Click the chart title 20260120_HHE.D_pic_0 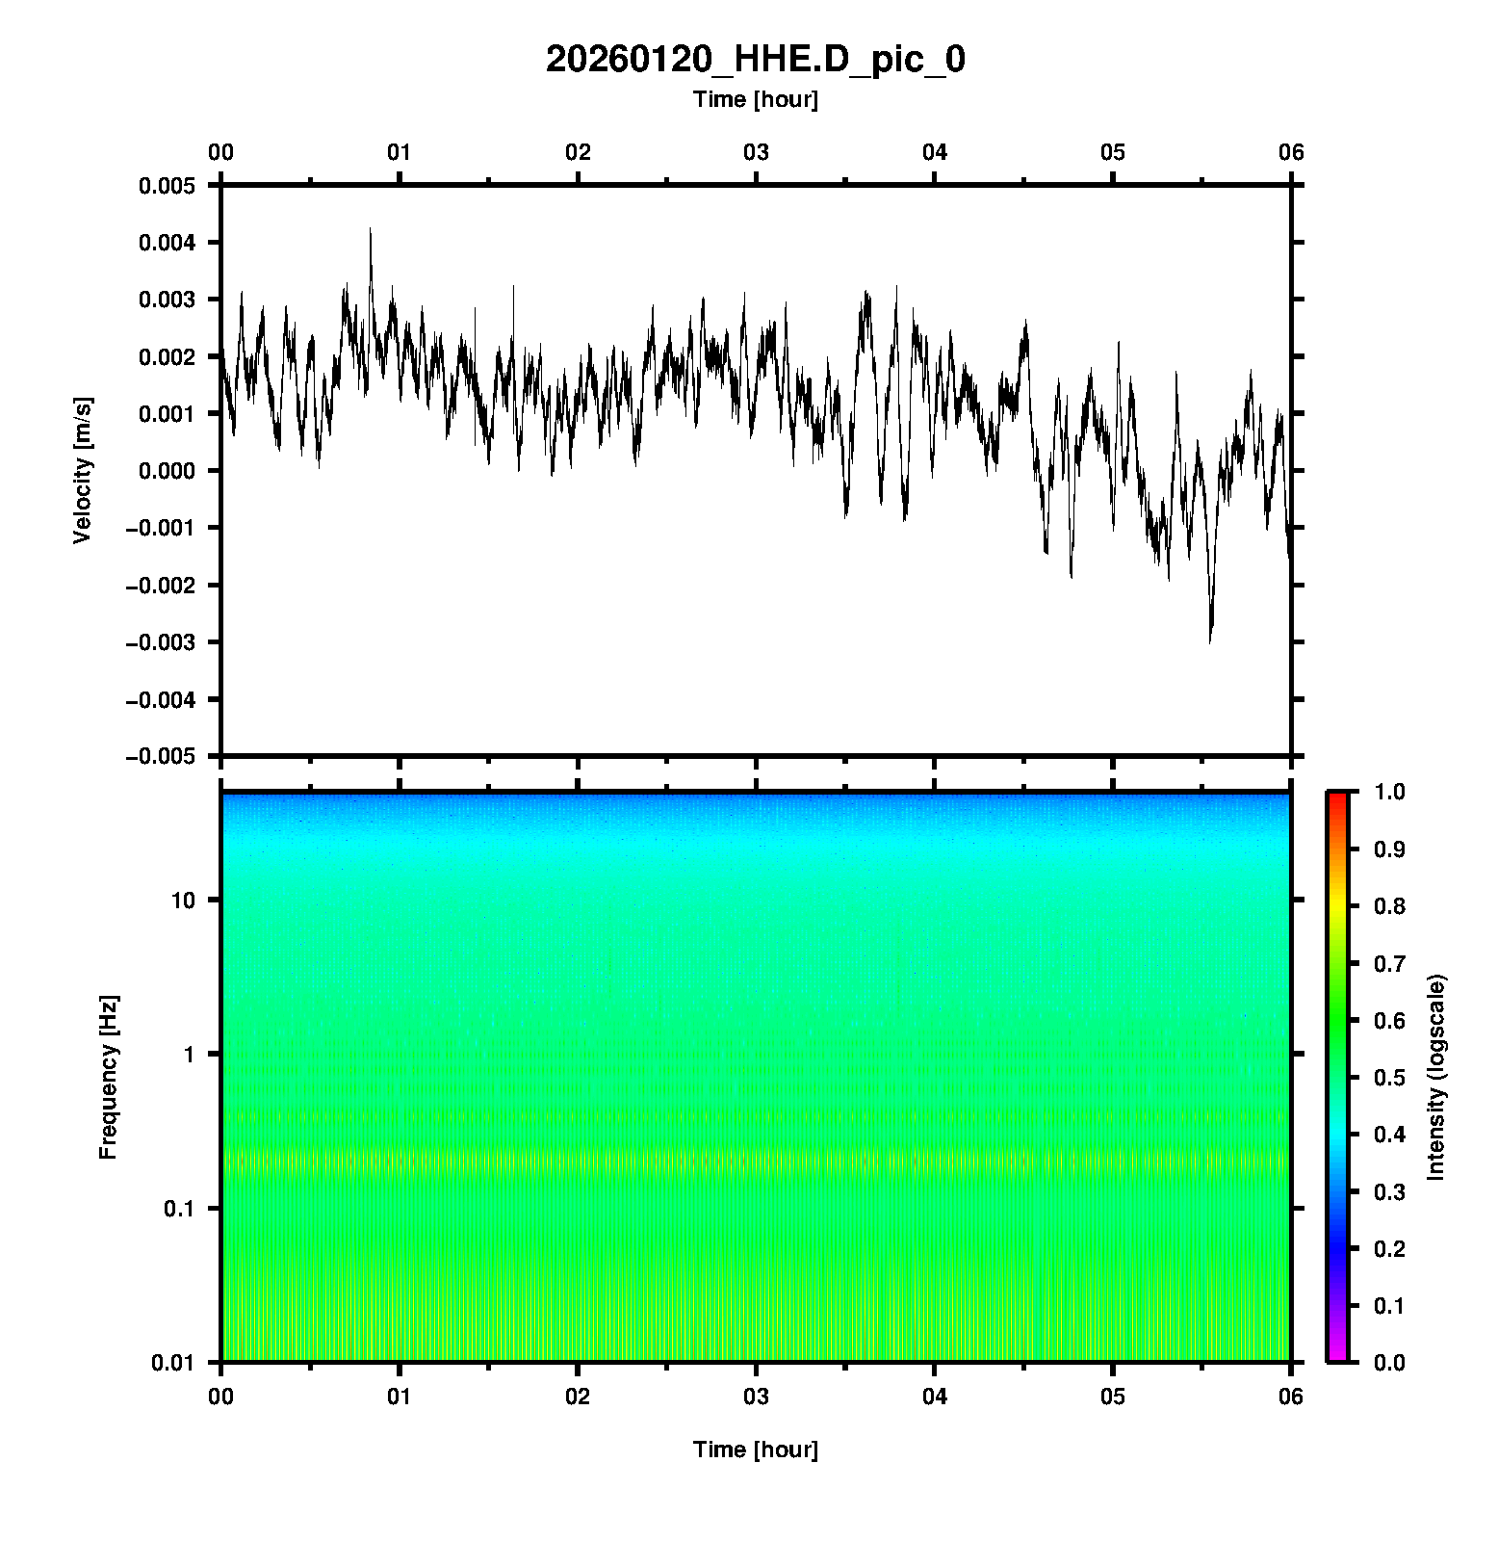click(x=755, y=60)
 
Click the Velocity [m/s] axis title click(x=83, y=470)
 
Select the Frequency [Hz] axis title click(x=108, y=1078)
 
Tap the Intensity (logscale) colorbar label click(x=1436, y=1077)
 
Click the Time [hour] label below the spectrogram click(x=755, y=1450)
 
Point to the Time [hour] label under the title click(x=755, y=99)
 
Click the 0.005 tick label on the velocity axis click(x=167, y=186)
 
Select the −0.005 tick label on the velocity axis click(x=160, y=756)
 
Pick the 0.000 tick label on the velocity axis click(x=167, y=471)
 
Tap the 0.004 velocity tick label click(x=167, y=243)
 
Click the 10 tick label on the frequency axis click(x=183, y=901)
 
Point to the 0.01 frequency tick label click(x=174, y=1362)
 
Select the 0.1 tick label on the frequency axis click(x=179, y=1209)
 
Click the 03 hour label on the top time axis click(x=756, y=152)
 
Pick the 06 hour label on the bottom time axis click(x=1290, y=1397)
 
